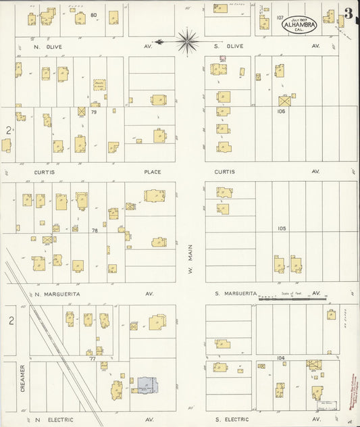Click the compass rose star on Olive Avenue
pyautogui.click(x=187, y=41)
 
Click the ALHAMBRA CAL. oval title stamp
pyautogui.click(x=299, y=24)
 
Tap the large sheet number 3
pyautogui.click(x=348, y=14)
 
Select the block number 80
pyautogui.click(x=93, y=14)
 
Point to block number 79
pyautogui.click(x=94, y=112)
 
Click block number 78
pyautogui.click(x=95, y=230)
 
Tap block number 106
pyautogui.click(x=281, y=111)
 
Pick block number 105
pyautogui.click(x=281, y=228)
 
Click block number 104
pyautogui.click(x=281, y=357)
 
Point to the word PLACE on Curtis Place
pyautogui.click(x=152, y=172)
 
